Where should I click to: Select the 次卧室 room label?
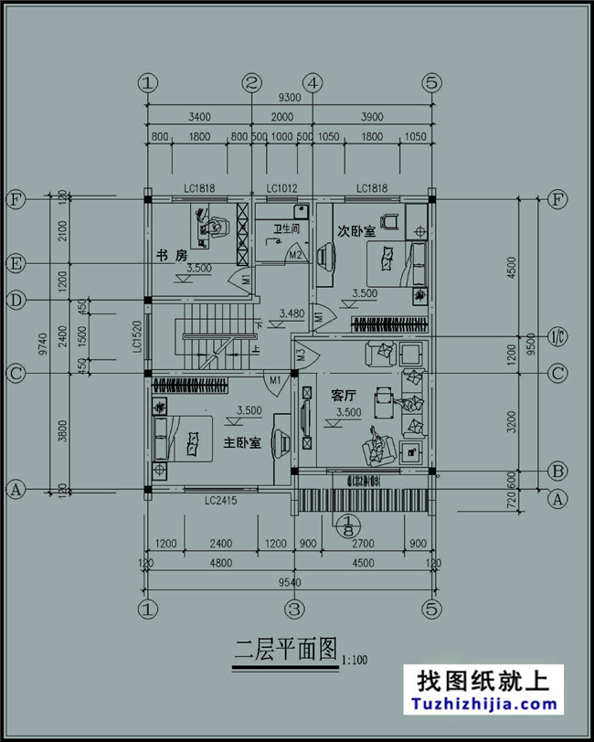click(x=355, y=231)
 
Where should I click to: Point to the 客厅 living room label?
click(x=344, y=395)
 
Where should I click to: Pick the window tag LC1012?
click(x=281, y=188)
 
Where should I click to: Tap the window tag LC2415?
click(x=221, y=501)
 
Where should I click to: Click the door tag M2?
click(x=295, y=256)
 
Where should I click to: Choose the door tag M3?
click(x=302, y=353)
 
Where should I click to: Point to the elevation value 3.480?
click(x=292, y=313)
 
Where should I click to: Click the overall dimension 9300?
click(x=290, y=98)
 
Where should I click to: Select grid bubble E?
click(x=16, y=263)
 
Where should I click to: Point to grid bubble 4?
click(x=313, y=82)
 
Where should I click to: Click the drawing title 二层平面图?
click(x=283, y=652)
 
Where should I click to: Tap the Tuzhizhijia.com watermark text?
click(x=485, y=705)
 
